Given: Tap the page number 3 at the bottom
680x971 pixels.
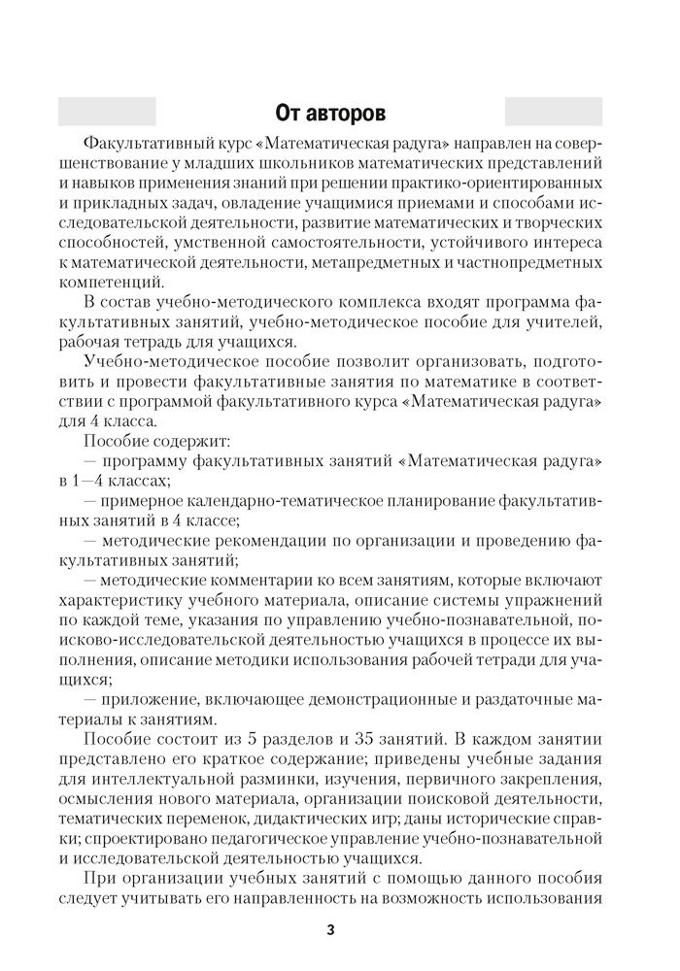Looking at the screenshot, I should [x=330, y=930].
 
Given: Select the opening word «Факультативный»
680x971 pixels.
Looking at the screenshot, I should [x=147, y=142].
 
